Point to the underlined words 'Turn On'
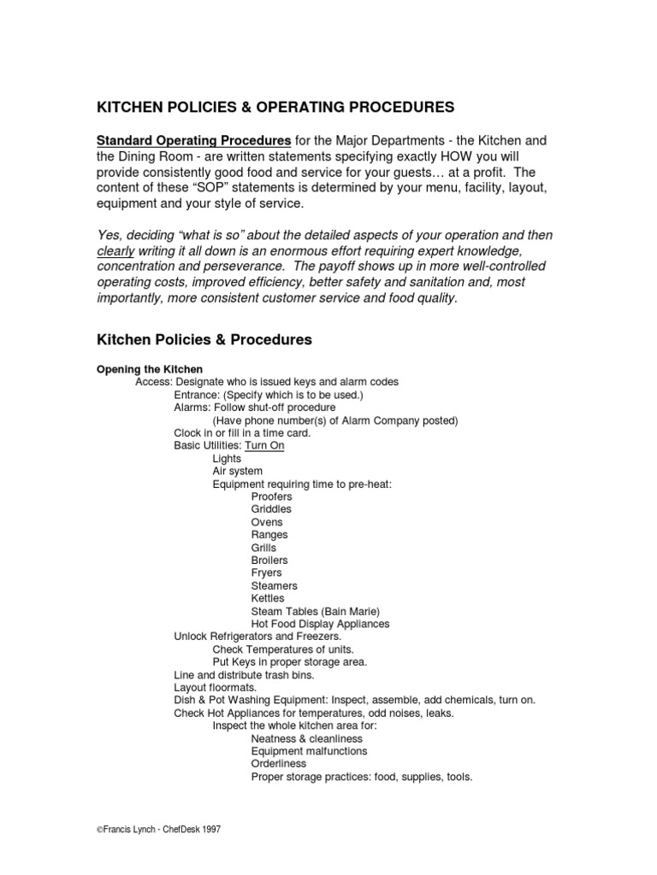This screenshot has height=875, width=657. (264, 446)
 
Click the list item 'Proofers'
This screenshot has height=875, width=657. (271, 496)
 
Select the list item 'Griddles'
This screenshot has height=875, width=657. (271, 509)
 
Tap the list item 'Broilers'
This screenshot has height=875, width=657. (269, 561)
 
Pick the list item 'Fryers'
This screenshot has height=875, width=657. (266, 573)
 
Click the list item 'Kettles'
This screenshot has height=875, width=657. (268, 599)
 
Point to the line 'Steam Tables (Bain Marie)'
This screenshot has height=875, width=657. (314, 612)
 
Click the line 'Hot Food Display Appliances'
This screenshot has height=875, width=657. (320, 625)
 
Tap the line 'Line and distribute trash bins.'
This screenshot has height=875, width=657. (242, 675)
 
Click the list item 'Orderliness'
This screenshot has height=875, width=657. (279, 764)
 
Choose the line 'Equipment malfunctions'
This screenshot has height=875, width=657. (309, 751)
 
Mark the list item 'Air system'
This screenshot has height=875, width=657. (237, 472)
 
